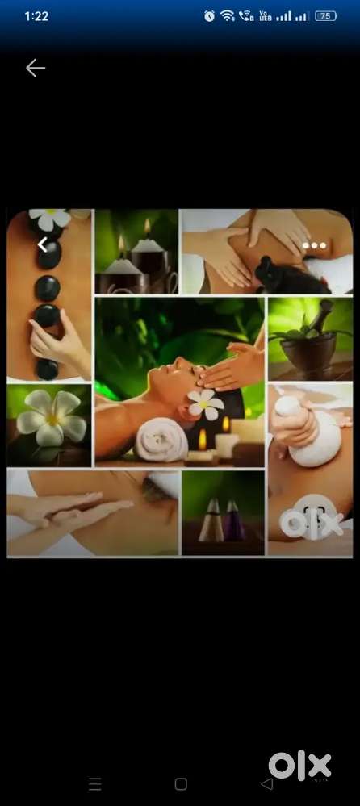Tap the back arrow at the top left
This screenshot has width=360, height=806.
coord(36,68)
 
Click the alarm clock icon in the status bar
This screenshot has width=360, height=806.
coord(209,16)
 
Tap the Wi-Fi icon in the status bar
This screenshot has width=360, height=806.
coord(228,16)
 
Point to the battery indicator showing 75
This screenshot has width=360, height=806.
coord(325,16)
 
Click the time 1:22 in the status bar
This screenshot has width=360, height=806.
coord(36,16)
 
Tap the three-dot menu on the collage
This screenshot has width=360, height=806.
coord(314,246)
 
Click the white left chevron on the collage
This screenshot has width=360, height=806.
coord(43,245)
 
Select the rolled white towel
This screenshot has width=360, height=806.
coord(161,440)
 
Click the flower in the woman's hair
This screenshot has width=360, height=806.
coord(206,403)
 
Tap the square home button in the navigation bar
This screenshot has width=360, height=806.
coord(181,784)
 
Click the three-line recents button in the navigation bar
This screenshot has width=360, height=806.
coord(95,784)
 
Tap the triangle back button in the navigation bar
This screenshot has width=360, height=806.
coord(267,784)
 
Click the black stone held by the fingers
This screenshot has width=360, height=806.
coord(48,315)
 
